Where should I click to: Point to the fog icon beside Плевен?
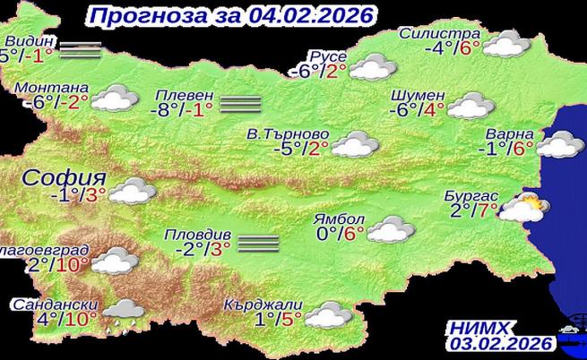[239, 104]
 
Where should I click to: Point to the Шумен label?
[418, 95]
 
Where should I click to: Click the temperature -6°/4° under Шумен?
[418, 112]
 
